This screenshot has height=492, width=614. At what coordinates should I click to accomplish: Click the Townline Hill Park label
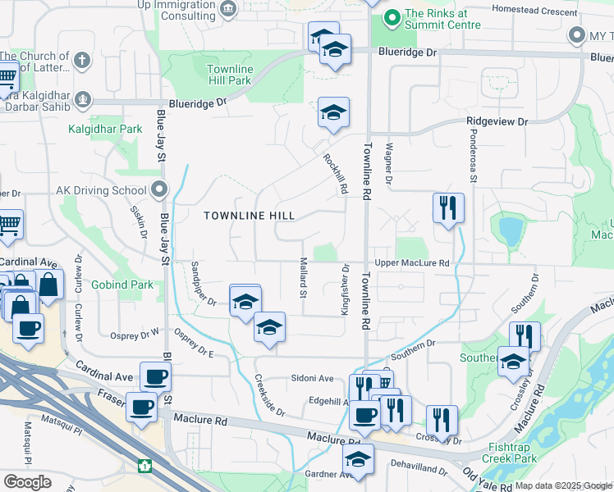click(228, 75)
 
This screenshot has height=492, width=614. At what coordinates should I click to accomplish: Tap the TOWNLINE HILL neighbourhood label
click(249, 216)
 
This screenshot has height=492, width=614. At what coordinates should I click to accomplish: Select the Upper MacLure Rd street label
click(412, 263)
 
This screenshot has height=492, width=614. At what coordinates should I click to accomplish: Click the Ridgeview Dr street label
click(497, 121)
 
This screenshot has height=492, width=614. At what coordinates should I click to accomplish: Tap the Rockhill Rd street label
click(335, 175)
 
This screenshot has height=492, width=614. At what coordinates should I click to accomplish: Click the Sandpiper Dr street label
click(203, 284)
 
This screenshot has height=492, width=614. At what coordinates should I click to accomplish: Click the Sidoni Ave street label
click(311, 378)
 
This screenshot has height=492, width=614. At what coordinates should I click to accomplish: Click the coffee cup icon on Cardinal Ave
click(155, 377)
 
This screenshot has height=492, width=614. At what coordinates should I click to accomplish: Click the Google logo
click(27, 482)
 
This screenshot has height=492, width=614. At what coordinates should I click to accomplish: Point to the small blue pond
click(510, 231)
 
